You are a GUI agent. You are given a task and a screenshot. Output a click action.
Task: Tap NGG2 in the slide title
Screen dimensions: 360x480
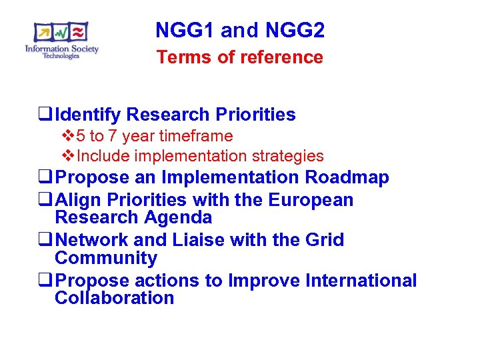[295, 30]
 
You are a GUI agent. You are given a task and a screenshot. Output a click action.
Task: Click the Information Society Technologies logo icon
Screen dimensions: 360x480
[61, 33]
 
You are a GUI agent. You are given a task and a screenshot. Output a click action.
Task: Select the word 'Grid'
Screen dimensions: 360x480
[325, 240]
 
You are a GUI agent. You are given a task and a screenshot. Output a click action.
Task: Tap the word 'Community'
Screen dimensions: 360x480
[106, 258]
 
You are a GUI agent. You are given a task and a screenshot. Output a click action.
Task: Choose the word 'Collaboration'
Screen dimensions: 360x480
[114, 298]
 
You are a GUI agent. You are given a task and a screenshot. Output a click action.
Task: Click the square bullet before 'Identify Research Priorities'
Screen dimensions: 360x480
[47, 115]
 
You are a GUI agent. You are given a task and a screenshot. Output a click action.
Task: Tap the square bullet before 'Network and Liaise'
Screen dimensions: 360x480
[47, 241]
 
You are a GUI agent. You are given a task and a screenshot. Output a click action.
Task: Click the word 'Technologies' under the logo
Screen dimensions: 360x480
[61, 56]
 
